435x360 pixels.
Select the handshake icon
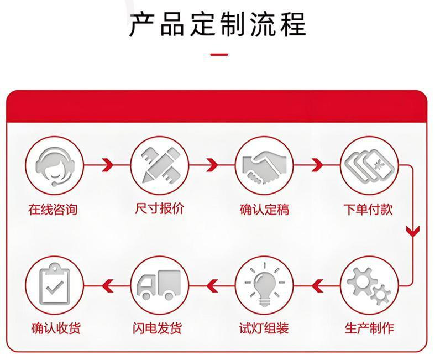[x=264, y=164]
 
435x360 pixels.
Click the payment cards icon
[x=369, y=164]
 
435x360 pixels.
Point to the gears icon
[x=369, y=285]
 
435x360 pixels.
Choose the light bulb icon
[x=264, y=285]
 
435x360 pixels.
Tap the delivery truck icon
[x=159, y=285]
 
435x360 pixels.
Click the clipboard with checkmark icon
[x=54, y=285]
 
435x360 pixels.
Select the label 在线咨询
[x=53, y=210]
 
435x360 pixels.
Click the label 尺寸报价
[x=159, y=209]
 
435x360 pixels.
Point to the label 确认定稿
[x=264, y=210]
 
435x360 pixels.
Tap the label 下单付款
[x=368, y=210]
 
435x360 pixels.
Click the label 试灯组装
[x=264, y=328]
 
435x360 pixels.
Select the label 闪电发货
[x=159, y=328]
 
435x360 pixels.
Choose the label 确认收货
[x=55, y=328]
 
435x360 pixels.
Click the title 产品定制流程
[x=217, y=25]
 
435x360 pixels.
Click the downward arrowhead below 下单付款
[x=412, y=231]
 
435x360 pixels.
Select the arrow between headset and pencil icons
[x=107, y=164]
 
